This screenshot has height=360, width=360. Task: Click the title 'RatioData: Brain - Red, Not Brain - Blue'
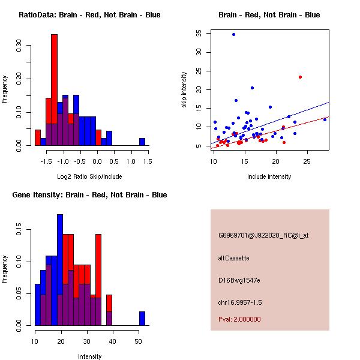89,15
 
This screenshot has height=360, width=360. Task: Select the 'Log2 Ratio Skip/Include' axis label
89,176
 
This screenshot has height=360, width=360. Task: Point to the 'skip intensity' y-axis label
184,90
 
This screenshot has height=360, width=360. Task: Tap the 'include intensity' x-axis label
269,176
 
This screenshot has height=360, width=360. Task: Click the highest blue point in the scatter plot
233,35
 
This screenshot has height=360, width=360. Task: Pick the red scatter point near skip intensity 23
300,77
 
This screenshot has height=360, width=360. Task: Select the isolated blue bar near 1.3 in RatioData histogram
142,142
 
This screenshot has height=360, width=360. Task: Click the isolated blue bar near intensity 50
142,318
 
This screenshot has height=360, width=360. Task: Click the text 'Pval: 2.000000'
239,319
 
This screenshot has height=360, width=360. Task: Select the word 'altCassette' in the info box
234,258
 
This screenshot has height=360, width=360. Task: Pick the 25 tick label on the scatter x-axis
307,161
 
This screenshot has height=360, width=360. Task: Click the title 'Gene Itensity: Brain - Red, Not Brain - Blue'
89,195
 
